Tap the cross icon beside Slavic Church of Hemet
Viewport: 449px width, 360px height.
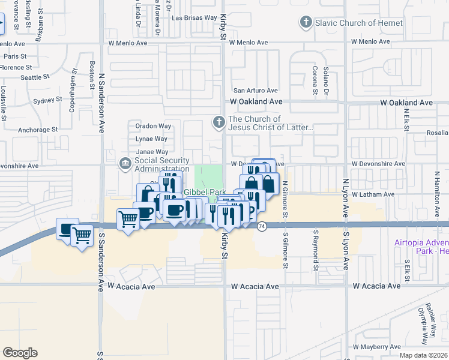pos(306,23)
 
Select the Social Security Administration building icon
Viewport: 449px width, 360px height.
pos(125,163)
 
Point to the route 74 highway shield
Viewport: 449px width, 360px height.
pos(262,226)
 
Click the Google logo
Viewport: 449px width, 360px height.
pos(20,352)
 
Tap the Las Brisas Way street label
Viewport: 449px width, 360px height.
pos(194,17)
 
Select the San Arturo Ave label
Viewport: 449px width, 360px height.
pos(255,90)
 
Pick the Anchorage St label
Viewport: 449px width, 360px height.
pos(38,129)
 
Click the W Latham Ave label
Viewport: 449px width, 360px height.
pos(373,194)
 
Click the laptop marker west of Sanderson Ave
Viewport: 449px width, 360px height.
pos(67,228)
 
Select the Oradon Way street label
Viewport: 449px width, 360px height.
pos(153,126)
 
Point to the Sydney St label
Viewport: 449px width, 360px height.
pos(47,101)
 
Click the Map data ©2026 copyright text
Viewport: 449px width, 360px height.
pos(423,355)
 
